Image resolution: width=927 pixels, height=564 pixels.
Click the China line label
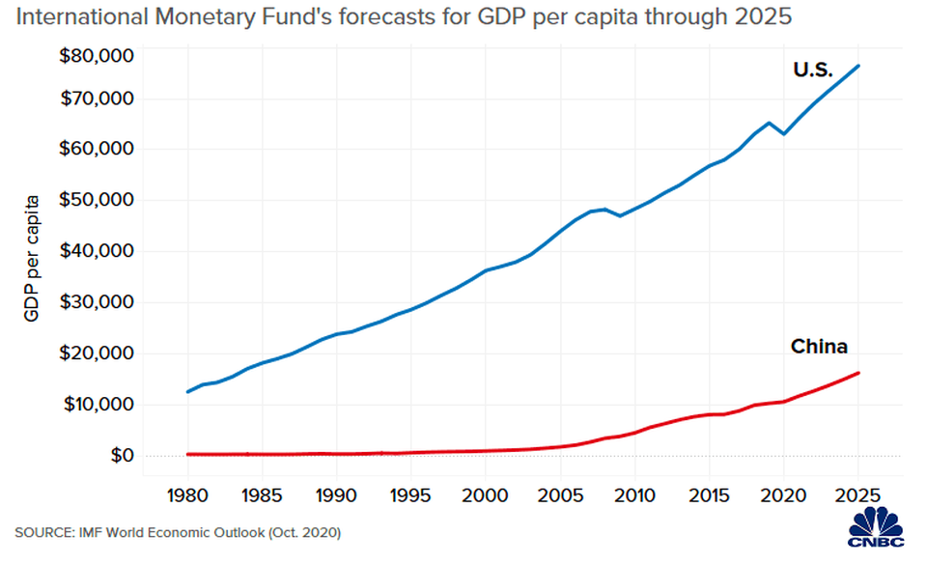(819, 346)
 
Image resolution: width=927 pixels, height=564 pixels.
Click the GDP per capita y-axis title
(32, 258)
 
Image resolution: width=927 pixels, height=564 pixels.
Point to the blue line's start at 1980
(187, 392)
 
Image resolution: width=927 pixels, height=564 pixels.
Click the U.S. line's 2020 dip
(784, 133)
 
